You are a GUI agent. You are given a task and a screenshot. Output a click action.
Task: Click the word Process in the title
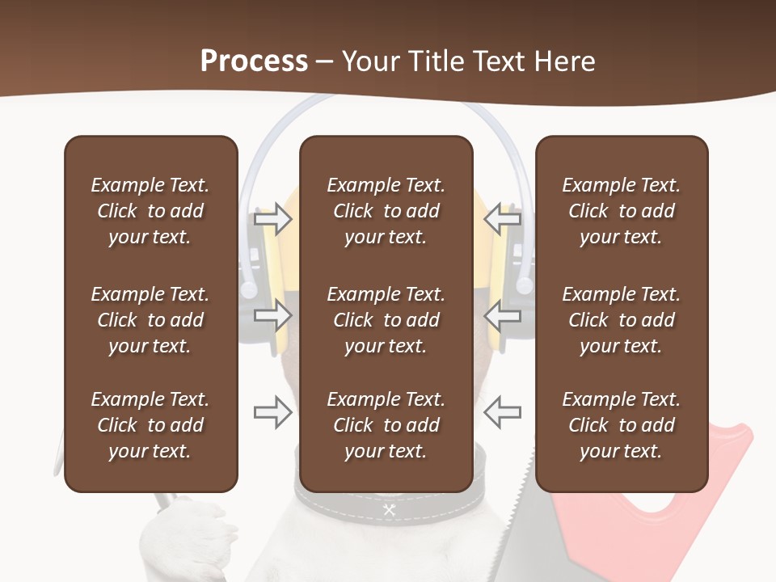(x=254, y=61)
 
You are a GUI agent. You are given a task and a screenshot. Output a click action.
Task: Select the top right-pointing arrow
(x=272, y=218)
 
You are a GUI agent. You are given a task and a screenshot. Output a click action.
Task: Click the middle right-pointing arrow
(x=272, y=315)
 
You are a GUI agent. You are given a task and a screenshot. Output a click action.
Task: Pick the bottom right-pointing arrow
(x=272, y=412)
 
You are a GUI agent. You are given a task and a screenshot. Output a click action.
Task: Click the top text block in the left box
(x=150, y=211)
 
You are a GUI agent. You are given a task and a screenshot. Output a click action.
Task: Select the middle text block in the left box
(x=150, y=320)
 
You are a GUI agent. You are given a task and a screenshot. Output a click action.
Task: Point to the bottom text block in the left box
(x=150, y=425)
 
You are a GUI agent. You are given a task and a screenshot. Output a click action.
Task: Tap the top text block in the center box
(x=386, y=211)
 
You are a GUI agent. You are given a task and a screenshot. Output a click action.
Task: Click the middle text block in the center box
(x=386, y=320)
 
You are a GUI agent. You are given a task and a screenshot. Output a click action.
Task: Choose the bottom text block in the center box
(x=386, y=425)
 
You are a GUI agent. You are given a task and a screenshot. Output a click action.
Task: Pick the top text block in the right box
(x=621, y=211)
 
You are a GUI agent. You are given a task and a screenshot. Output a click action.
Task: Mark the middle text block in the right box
(x=621, y=320)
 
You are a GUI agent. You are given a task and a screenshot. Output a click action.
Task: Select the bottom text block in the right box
(x=621, y=425)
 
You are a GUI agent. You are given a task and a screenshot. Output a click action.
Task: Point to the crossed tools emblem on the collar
(x=389, y=509)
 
